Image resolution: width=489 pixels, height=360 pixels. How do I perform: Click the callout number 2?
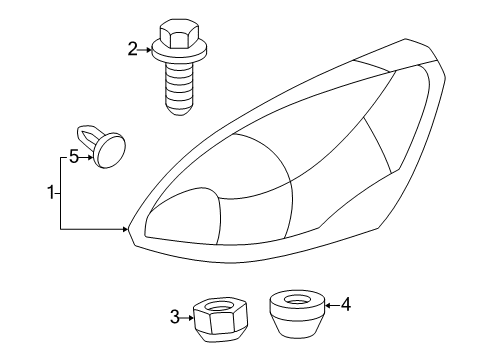point(132,47)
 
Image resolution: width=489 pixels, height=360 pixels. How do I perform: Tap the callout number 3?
point(174,318)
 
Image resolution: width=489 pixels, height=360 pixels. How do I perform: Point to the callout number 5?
point(73,156)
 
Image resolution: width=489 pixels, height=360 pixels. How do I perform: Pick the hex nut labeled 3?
point(211,320)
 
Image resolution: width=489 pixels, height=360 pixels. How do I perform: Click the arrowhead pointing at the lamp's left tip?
point(125,230)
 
